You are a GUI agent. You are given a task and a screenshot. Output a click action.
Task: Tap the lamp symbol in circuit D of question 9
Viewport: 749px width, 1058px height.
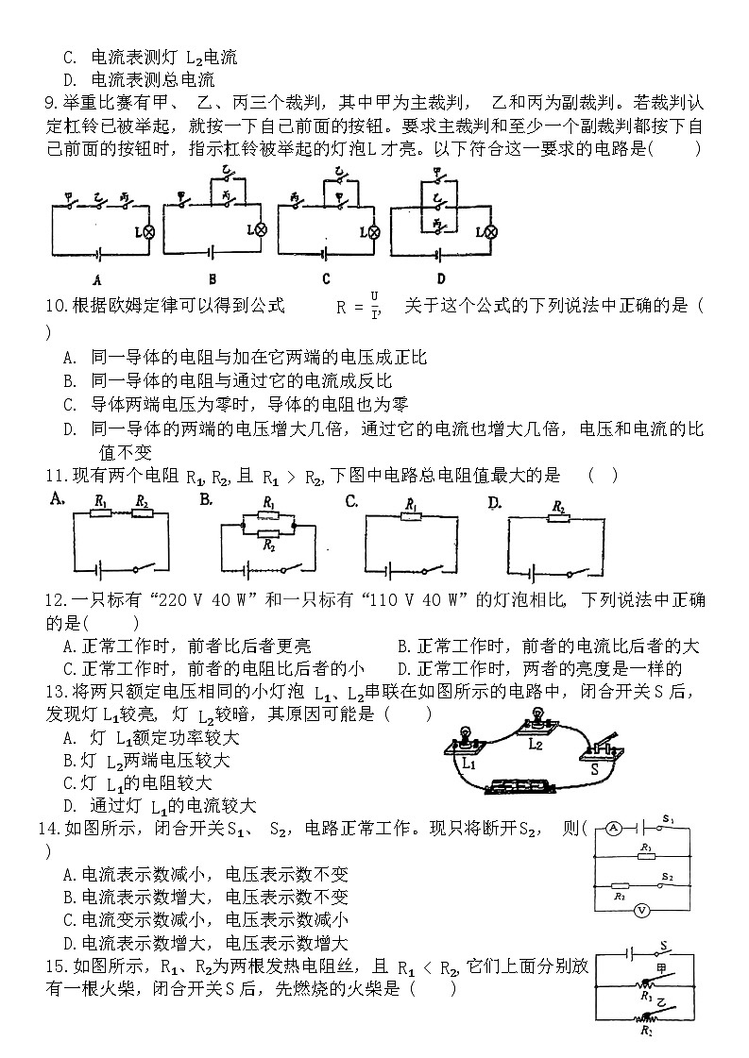tap(487, 230)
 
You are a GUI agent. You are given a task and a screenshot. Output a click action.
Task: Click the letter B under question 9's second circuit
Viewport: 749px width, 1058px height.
tap(213, 279)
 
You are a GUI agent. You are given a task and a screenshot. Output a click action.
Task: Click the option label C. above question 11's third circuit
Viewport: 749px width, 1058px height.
tap(351, 501)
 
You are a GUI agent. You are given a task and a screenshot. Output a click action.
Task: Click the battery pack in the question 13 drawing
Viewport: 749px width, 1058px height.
tap(520, 785)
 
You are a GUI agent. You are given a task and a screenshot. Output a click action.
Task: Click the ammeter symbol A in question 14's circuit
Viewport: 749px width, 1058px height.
tap(613, 829)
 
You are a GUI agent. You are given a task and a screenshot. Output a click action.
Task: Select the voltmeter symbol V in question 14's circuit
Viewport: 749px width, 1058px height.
tap(640, 910)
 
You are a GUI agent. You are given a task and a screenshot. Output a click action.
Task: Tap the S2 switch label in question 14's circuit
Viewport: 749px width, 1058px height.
tap(667, 877)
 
